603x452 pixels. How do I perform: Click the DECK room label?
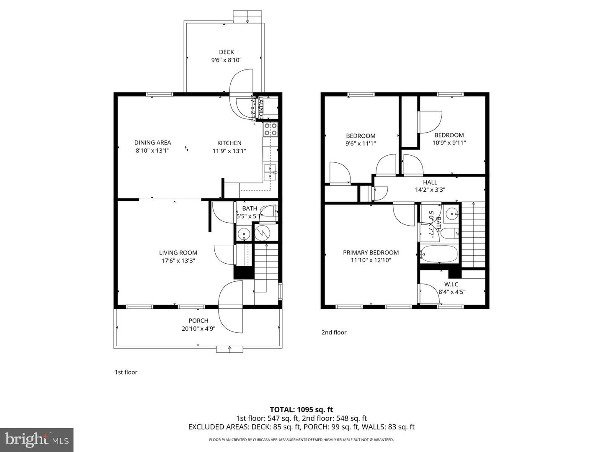[226, 52]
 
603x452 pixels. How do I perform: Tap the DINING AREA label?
[152, 142]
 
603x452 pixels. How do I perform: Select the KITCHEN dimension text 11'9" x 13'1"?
[229, 151]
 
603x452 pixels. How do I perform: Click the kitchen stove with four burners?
[270, 129]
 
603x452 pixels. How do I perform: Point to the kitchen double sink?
[270, 172]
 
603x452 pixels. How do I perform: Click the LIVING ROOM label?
[178, 252]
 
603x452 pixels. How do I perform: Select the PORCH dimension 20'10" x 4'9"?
[198, 329]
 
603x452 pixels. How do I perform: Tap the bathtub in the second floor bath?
[439, 254]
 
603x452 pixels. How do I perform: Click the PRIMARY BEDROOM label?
[371, 252]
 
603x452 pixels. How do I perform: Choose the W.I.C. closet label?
[452, 284]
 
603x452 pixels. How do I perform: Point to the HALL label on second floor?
[430, 182]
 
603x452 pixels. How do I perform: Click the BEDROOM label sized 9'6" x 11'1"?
[361, 136]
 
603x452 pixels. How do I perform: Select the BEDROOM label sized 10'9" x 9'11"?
[449, 135]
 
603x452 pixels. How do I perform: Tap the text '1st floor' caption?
[126, 372]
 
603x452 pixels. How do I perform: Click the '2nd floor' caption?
[334, 332]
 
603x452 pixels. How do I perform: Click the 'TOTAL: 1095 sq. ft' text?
[301, 409]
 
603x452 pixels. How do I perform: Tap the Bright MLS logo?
[36, 439]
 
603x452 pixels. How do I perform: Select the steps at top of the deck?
[247, 16]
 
